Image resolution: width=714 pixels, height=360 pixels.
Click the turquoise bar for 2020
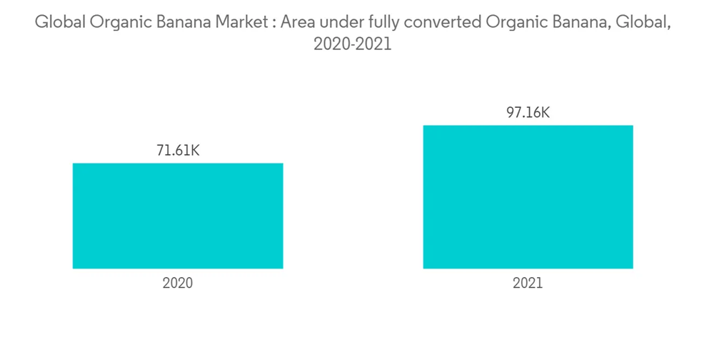click(x=178, y=216)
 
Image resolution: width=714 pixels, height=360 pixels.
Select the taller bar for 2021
click(x=528, y=197)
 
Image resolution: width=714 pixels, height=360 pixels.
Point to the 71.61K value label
click(x=178, y=151)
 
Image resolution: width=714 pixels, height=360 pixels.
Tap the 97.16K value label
click(x=528, y=113)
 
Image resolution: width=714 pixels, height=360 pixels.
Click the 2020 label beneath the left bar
click(x=178, y=283)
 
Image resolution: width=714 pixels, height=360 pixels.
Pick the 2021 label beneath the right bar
click(x=528, y=283)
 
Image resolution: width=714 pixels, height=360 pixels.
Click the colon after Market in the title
click(x=273, y=24)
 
